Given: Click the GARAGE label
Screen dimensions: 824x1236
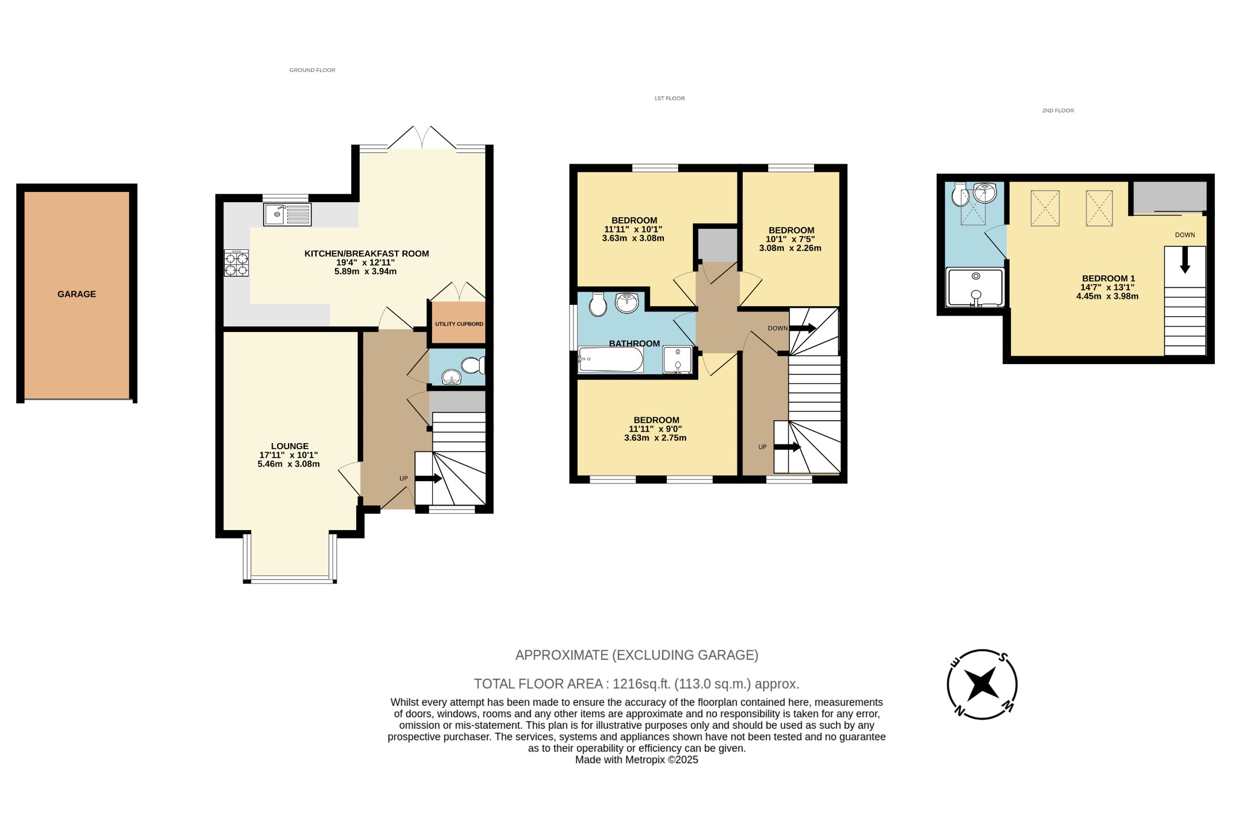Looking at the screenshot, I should click(77, 294).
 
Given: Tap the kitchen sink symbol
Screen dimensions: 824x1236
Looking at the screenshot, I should click(287, 214).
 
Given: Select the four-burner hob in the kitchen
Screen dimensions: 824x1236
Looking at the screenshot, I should click(236, 264).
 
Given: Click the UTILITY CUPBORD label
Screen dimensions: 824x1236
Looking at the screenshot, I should click(459, 324).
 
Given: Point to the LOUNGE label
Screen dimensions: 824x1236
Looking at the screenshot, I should click(290, 446).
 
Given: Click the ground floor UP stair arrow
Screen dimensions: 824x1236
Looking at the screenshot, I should click(429, 479).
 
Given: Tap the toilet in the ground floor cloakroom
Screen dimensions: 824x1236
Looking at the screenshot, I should click(473, 365).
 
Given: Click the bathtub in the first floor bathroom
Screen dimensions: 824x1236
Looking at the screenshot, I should click(610, 360).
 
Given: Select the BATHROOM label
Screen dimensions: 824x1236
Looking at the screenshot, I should click(634, 343).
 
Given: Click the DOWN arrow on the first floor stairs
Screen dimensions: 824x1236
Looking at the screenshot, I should click(803, 328).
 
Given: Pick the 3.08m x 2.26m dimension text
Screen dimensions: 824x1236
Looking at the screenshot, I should click(790, 248).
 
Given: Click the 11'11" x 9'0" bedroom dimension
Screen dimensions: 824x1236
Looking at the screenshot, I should click(655, 429).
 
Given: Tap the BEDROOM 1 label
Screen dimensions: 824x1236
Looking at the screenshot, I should click(1108, 278).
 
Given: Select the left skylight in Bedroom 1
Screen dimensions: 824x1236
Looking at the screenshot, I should click(1045, 208).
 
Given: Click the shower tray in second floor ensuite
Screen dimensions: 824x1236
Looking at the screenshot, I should click(975, 287).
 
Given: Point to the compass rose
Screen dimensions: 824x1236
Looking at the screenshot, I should click(982, 684).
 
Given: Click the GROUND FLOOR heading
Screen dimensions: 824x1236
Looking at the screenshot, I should click(312, 70).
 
